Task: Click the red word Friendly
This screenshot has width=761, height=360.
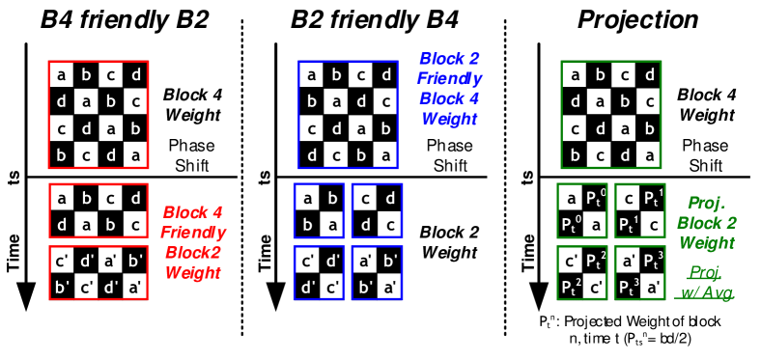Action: (x=193, y=233)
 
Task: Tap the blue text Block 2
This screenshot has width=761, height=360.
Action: (x=450, y=58)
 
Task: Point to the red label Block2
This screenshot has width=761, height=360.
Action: (x=193, y=253)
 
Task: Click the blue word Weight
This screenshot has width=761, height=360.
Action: (x=450, y=119)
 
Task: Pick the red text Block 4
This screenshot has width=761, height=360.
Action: (x=193, y=212)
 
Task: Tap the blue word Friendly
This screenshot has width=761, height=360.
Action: (x=450, y=78)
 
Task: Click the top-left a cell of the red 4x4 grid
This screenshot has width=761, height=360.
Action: (x=61, y=74)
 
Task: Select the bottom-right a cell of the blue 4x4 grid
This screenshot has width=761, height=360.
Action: (x=386, y=155)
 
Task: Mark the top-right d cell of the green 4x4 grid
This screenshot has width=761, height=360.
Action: (x=649, y=74)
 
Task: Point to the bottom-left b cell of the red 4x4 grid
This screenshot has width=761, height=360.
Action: (x=61, y=155)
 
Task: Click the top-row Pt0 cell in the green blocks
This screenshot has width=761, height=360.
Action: (x=596, y=198)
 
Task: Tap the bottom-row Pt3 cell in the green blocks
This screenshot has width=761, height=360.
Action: (x=626, y=286)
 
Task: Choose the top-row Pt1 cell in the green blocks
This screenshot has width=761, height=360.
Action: (x=653, y=198)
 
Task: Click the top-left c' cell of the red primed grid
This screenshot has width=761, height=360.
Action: (x=62, y=260)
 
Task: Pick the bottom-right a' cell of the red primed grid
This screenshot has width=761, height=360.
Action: (x=135, y=286)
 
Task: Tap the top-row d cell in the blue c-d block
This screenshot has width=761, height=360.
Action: (x=389, y=199)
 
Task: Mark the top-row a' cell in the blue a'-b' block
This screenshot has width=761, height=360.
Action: (x=365, y=261)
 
